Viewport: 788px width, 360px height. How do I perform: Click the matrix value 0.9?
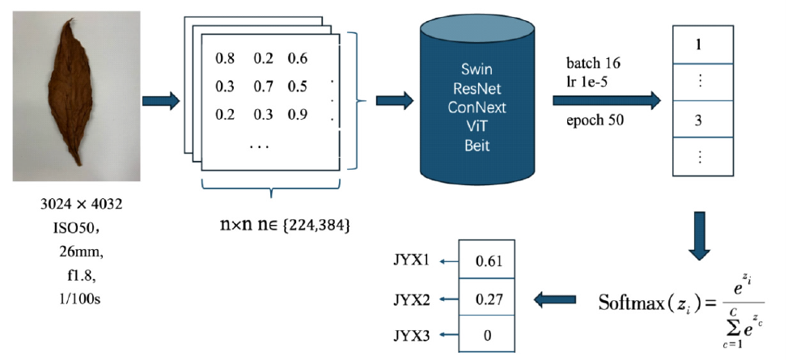(297, 114)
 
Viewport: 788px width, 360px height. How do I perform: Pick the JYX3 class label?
(413, 333)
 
